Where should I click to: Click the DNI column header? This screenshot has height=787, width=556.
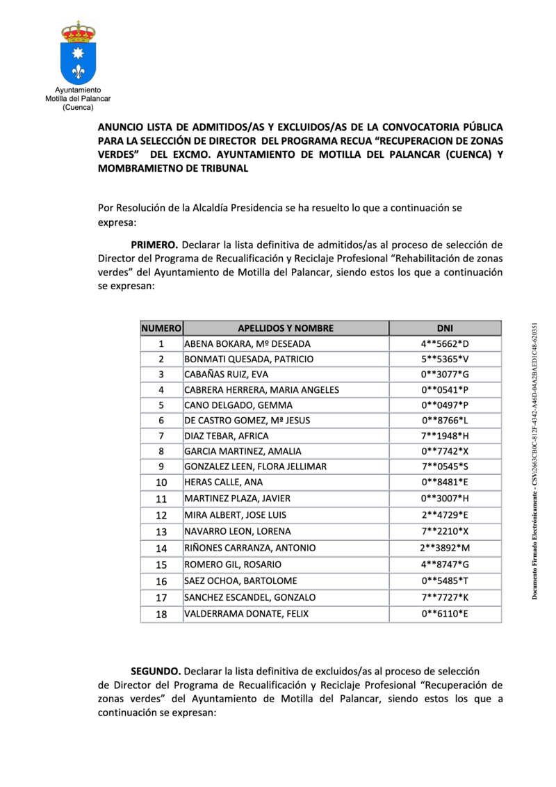coord(445,328)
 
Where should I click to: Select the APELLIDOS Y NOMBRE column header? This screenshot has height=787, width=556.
coord(286,328)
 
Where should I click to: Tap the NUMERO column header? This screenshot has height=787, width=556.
coord(161,328)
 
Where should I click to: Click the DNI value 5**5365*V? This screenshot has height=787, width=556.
coord(445,359)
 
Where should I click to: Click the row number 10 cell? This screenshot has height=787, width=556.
coord(161,482)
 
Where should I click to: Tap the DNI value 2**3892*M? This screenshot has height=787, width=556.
coord(445,548)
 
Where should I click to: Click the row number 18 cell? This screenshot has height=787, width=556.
coord(161,614)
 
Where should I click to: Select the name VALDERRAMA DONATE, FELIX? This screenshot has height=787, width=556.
coord(246,614)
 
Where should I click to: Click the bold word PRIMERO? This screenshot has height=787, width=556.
coord(155,245)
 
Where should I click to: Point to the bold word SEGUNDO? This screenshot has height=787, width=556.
coord(156,671)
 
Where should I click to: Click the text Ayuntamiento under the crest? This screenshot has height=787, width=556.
coord(78,90)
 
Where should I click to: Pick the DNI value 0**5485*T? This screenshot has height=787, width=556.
coord(445,581)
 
